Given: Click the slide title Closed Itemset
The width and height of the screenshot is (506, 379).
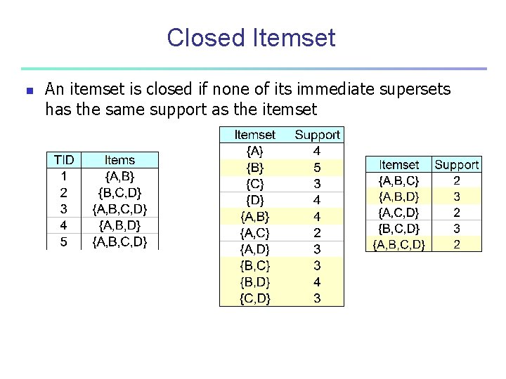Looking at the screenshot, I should tap(251, 37).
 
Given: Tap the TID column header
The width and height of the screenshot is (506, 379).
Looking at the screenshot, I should tap(64, 160).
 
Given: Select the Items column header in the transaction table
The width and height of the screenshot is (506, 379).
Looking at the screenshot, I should tap(119, 160).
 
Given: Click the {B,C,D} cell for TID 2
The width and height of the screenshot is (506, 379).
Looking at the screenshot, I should tap(119, 192).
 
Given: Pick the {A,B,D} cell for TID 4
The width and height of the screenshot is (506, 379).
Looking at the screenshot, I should tap(119, 225).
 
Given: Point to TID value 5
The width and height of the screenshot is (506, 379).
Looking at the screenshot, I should tap(64, 241).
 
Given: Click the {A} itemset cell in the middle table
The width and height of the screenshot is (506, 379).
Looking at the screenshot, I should tap(254, 151).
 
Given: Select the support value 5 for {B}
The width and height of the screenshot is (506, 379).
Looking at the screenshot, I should tap(317, 167).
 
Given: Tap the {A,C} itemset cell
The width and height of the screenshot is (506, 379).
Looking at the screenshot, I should tap(254, 232).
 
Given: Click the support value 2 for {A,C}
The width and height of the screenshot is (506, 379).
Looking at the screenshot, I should tap(317, 232).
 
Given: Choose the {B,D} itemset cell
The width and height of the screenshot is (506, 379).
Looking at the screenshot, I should tap(254, 281).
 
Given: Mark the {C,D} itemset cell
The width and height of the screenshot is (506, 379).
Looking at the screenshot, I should tap(254, 298).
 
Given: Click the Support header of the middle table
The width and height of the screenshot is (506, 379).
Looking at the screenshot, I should tap(317, 135).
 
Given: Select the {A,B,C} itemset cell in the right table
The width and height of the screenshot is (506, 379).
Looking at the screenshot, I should tap(398, 180).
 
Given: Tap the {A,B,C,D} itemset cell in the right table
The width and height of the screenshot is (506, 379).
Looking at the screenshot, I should tap(398, 244).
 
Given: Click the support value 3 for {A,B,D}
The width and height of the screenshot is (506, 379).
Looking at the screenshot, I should tap(457, 197).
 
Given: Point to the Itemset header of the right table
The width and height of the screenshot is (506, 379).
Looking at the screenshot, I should tap(398, 165).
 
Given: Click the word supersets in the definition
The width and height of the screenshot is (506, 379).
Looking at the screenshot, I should tap(408, 90).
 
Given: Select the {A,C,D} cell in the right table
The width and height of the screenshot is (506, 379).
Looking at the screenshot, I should tap(398, 212).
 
